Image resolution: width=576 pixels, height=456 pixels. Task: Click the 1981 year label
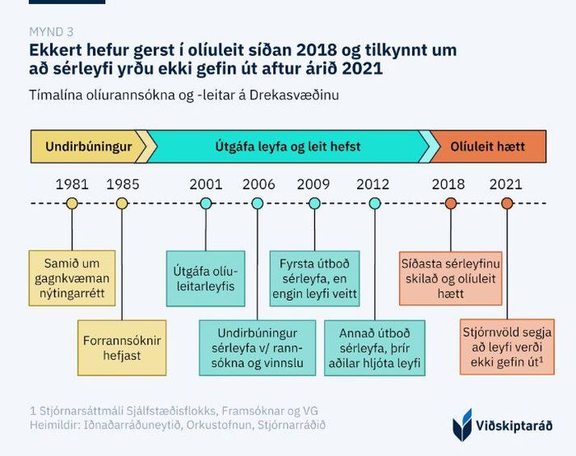[x=72, y=184]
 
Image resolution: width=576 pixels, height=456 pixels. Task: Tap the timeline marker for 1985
[x=122, y=204]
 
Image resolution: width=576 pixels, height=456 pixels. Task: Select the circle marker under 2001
[x=206, y=204]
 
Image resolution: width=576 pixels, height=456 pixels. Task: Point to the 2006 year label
[x=259, y=184]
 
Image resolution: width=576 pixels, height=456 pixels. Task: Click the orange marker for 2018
[x=451, y=204]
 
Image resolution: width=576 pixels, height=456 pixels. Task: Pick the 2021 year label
[x=506, y=184]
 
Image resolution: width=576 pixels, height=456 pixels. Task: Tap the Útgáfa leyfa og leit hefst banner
[x=288, y=146]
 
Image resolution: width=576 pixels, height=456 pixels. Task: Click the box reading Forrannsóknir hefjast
[x=122, y=348]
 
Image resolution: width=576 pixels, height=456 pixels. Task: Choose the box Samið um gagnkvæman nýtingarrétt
[x=72, y=278]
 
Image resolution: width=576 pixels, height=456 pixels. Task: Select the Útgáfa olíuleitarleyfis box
[x=206, y=278]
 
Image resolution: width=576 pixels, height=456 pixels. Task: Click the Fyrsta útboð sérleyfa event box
[x=314, y=278]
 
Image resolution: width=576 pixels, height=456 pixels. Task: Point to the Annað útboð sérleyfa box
[x=375, y=348]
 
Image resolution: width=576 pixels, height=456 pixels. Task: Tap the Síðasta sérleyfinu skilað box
[x=451, y=278]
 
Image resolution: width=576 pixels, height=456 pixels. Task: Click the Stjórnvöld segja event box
[x=507, y=347]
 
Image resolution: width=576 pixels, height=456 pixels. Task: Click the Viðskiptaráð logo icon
[x=462, y=424]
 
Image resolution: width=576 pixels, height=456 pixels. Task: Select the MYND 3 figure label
[x=52, y=32]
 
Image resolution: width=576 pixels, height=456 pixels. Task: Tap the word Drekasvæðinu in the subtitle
[x=294, y=95]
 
